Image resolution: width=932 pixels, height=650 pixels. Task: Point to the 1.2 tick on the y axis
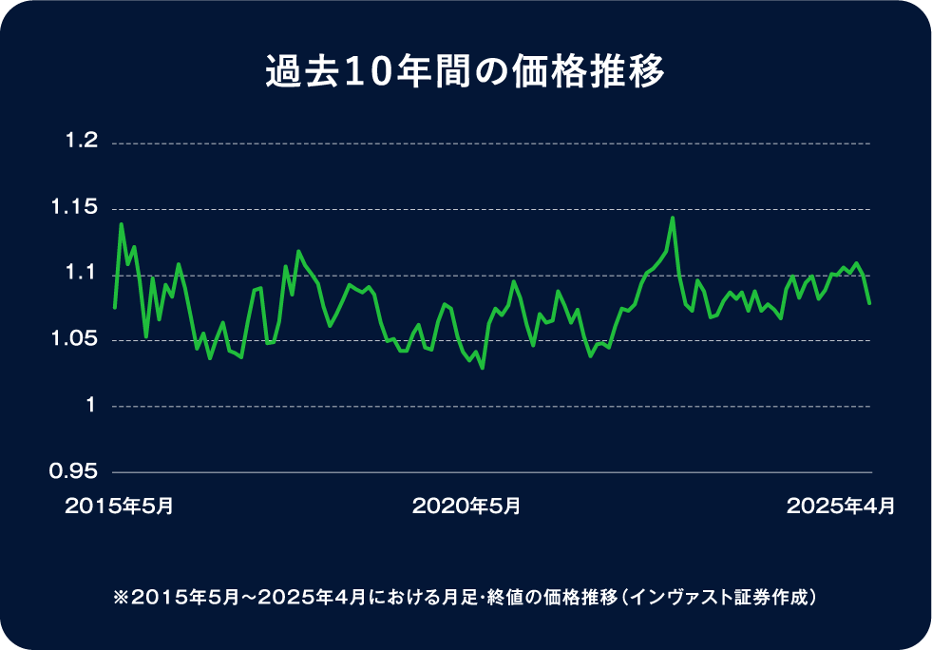pyautogui.click(x=81, y=142)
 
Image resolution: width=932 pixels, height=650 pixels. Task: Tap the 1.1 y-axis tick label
pyautogui.click(x=81, y=274)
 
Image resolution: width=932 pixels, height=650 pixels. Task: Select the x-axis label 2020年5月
pyautogui.click(x=466, y=507)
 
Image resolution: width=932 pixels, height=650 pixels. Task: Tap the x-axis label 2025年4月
pyautogui.click(x=840, y=507)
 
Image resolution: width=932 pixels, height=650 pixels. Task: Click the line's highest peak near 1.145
pyautogui.click(x=673, y=218)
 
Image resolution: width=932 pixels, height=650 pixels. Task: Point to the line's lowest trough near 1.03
pyautogui.click(x=483, y=368)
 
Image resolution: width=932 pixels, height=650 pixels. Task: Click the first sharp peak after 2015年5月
pyautogui.click(x=121, y=224)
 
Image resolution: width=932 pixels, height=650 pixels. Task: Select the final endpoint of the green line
pyautogui.click(x=870, y=303)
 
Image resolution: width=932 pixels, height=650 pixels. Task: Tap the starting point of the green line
pyautogui.click(x=114, y=307)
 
